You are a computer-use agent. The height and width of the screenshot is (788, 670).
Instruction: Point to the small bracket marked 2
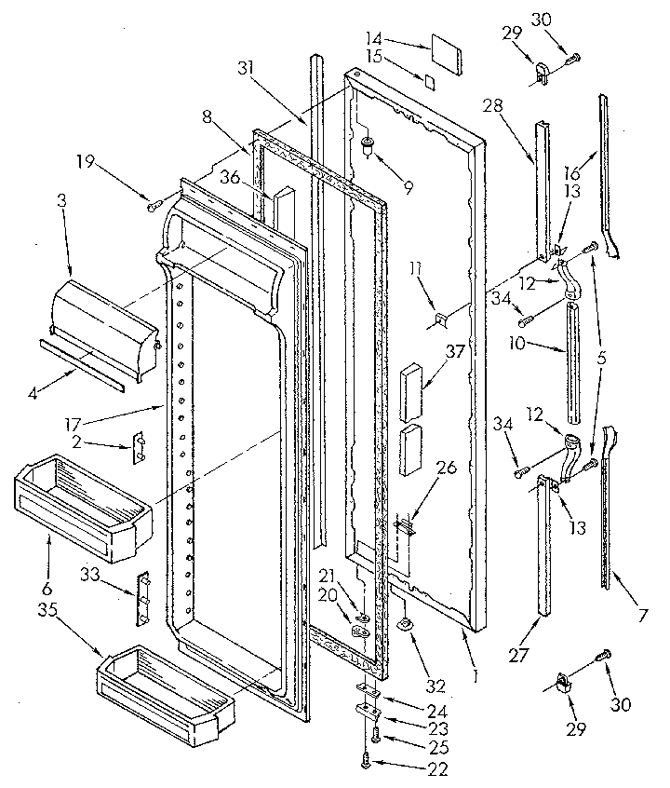pyautogui.click(x=141, y=446)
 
